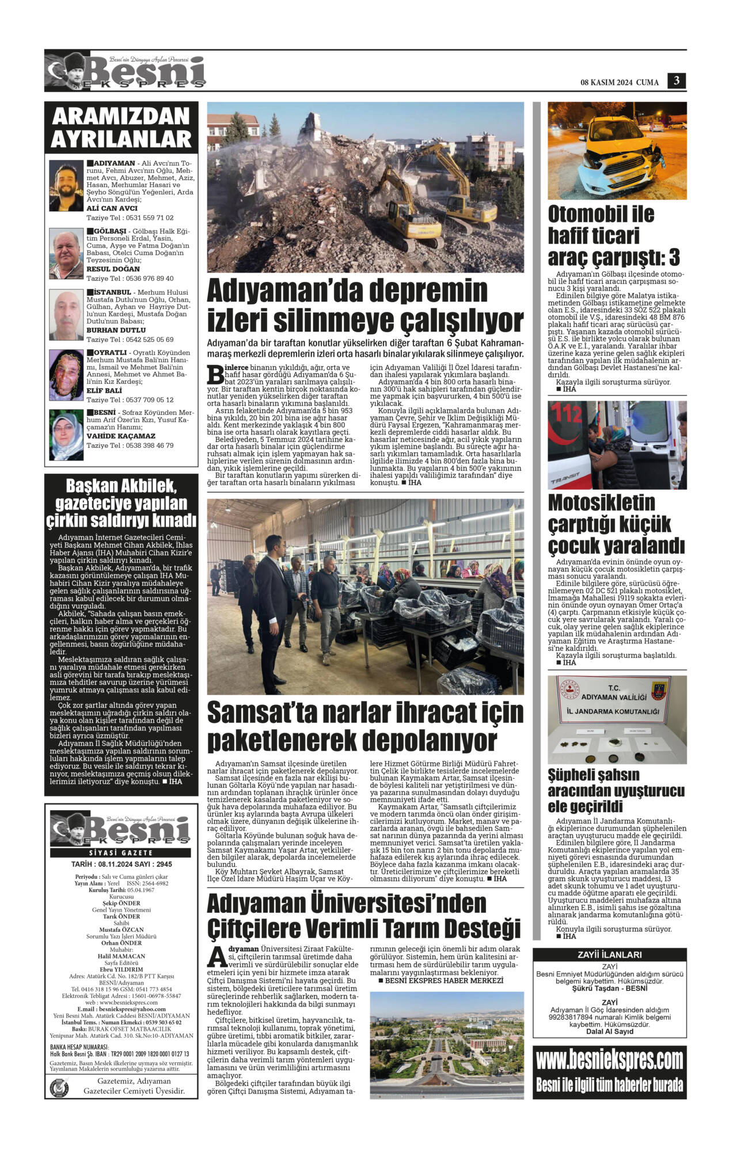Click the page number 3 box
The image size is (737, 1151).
[x=677, y=81]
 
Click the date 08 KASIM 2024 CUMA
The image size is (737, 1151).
[x=619, y=82]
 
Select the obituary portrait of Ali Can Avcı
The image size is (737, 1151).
[x=66, y=185]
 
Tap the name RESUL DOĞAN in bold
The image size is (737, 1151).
[x=113, y=269]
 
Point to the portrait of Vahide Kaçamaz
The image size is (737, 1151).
[x=66, y=435]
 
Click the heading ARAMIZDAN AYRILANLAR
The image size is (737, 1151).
[x=121, y=127]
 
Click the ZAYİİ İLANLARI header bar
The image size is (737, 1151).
[x=609, y=955]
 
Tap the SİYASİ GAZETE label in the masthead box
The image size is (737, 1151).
[x=121, y=852]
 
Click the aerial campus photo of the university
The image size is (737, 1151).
[x=446, y=1053]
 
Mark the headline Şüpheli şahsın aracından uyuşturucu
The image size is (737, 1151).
[x=616, y=790]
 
